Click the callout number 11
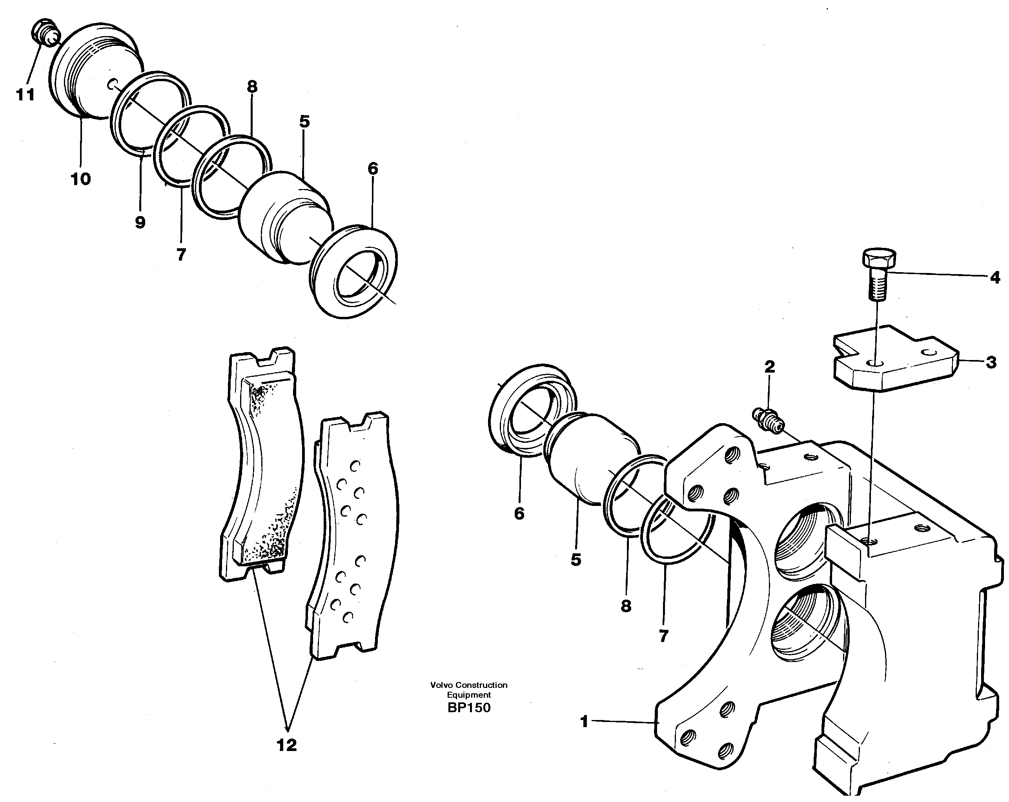click(x=25, y=95)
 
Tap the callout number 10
click(x=80, y=179)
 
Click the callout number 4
click(x=994, y=278)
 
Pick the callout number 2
click(x=769, y=367)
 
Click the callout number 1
click(x=584, y=721)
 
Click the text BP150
click(x=468, y=707)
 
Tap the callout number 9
click(x=140, y=222)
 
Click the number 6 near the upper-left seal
click(x=373, y=169)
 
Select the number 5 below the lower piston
click(x=576, y=559)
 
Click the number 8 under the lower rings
click(x=626, y=606)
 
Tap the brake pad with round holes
click(x=356, y=538)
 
